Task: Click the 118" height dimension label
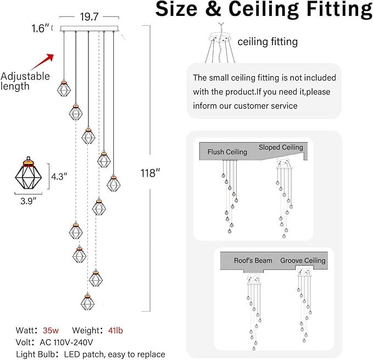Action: click(150, 173)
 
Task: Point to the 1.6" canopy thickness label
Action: click(40, 29)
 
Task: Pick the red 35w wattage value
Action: click(50, 330)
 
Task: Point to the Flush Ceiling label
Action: click(227, 152)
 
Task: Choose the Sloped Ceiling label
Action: click(281, 148)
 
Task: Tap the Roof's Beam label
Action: click(253, 261)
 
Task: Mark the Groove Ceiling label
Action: click(303, 261)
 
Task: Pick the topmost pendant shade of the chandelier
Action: click(64, 88)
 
